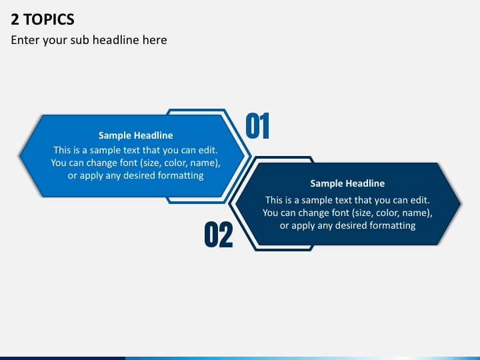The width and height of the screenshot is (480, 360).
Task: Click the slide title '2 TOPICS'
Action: point(43,19)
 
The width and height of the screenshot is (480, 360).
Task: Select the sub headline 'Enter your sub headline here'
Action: point(89,40)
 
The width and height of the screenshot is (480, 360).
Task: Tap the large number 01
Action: point(257,126)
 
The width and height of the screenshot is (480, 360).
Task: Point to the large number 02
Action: point(219,235)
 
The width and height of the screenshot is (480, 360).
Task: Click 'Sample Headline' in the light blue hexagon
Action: point(135,135)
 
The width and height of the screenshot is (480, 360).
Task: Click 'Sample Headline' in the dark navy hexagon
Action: point(347,183)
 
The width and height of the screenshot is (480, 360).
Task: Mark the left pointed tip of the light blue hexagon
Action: point(19,155)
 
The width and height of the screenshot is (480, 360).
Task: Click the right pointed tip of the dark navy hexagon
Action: point(461,203)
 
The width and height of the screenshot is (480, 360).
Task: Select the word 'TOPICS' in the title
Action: point(49,19)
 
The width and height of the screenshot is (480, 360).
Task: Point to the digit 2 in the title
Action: point(15,19)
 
